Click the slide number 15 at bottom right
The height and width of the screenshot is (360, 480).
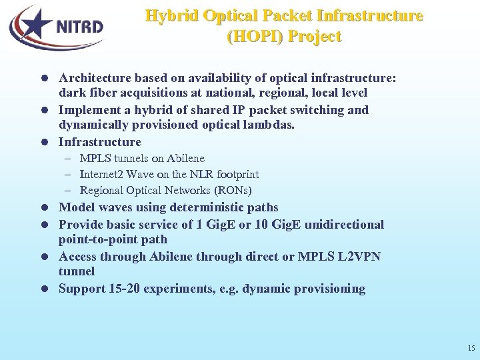tap(471, 348)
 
